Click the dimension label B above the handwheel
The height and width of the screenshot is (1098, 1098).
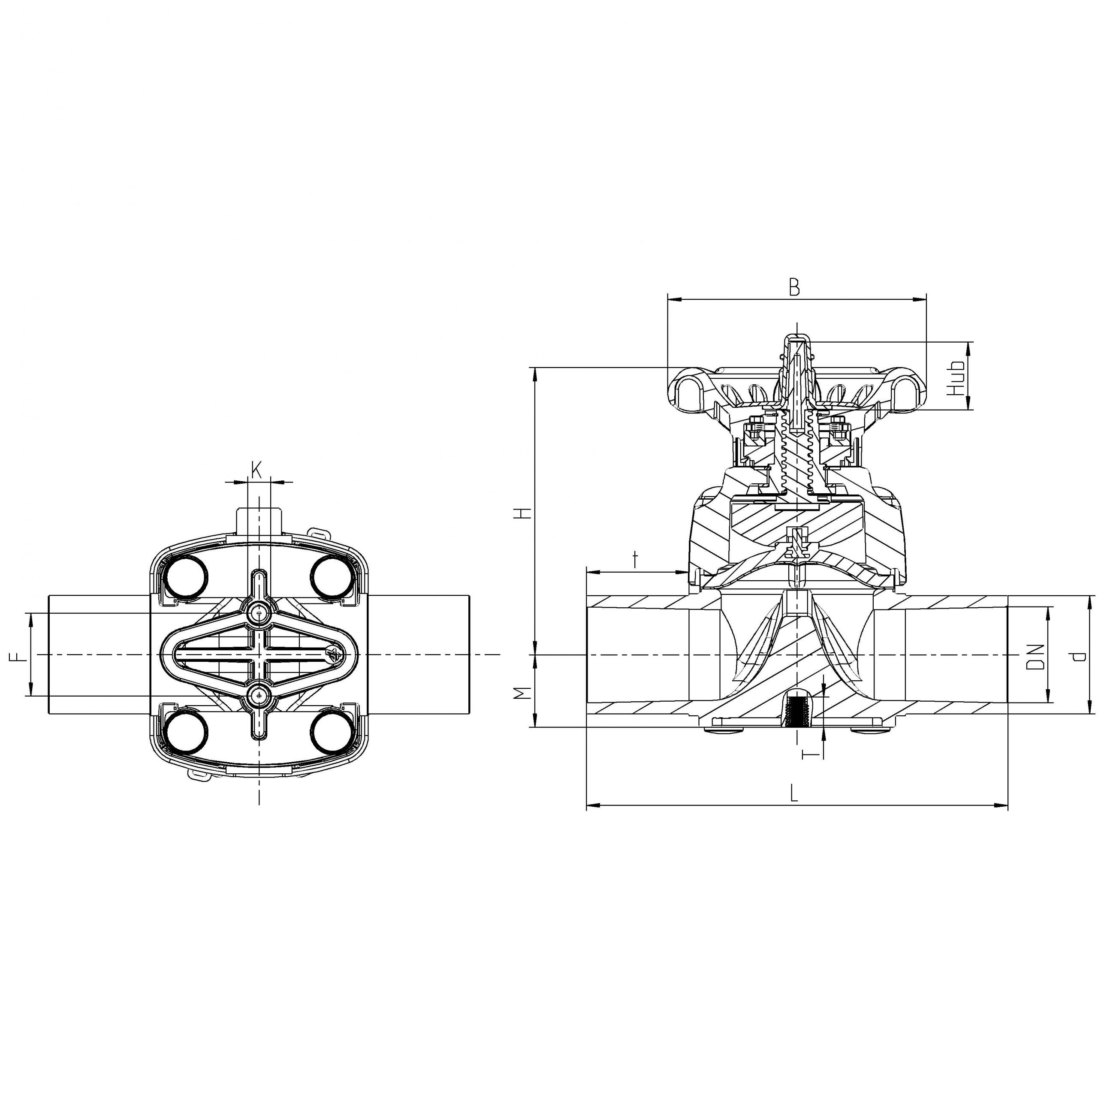(x=794, y=287)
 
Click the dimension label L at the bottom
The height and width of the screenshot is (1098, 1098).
(x=794, y=793)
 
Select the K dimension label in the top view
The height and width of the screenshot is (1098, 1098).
(x=256, y=469)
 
